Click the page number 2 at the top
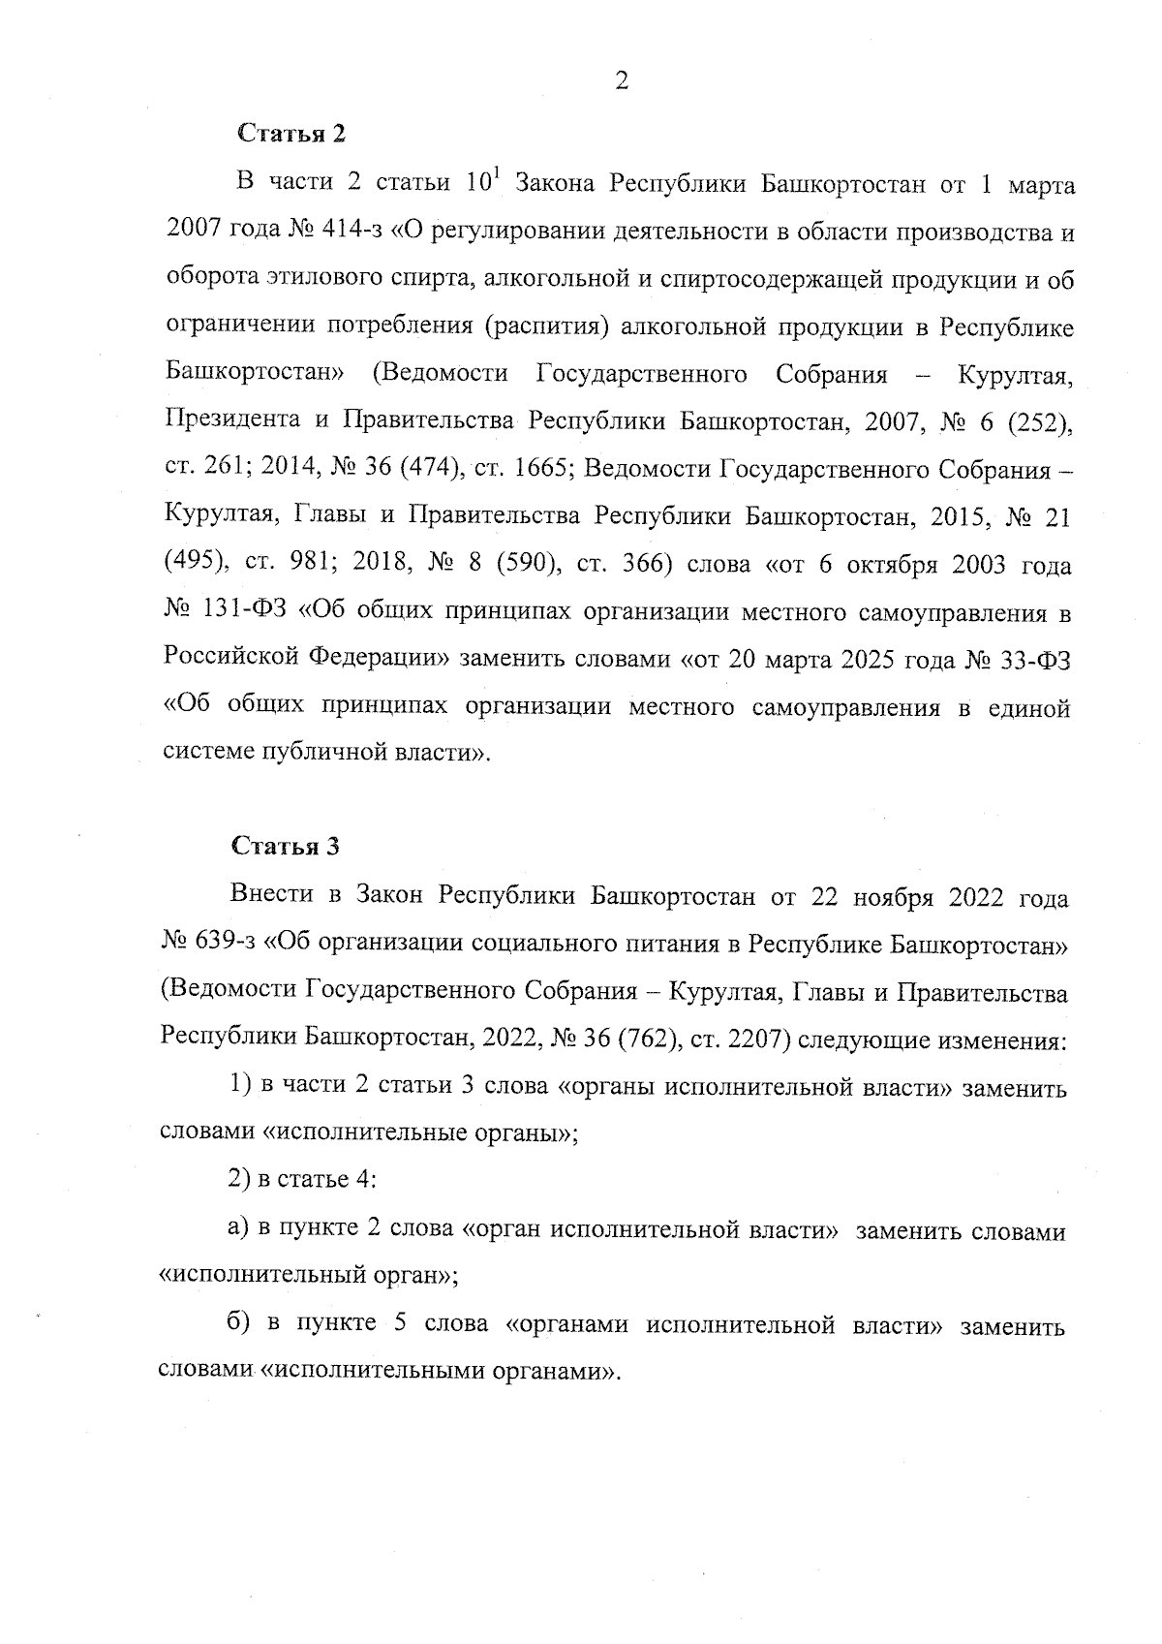pyautogui.click(x=621, y=81)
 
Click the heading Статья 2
pyautogui.click(x=290, y=133)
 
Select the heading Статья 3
pyautogui.click(x=286, y=846)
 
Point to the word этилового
pyautogui.click(x=311, y=281)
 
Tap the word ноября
pyautogui.click(x=892, y=898)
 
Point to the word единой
pyautogui.click(x=1029, y=707)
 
